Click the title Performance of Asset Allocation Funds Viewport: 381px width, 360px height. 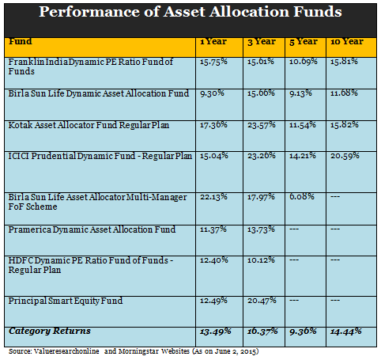pos(190,13)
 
